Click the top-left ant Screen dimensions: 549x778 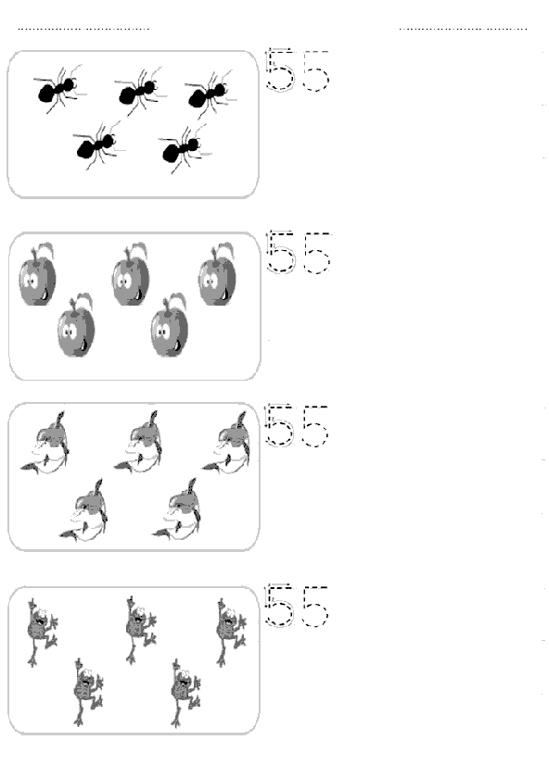coord(58,91)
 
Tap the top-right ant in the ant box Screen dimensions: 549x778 coord(209,94)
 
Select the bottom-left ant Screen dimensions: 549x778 coord(96,145)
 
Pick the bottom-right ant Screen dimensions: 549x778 coord(183,149)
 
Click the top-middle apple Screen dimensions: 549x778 coord(130,274)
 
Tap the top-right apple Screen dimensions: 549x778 coord(217,274)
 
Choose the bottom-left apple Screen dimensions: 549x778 coord(76,325)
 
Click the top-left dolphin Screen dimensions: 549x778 coord(45,443)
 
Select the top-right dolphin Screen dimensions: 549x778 coord(226,443)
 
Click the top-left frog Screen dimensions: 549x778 coord(42,632)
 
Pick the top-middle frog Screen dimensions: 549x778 coord(141,630)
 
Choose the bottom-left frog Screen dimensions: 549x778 coord(88,692)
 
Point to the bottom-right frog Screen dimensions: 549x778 coord(185,693)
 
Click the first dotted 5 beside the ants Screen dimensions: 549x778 coord(280,69)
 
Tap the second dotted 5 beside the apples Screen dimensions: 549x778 coord(317,253)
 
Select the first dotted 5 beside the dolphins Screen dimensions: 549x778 coord(279,425)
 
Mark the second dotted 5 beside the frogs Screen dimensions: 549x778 coord(316,606)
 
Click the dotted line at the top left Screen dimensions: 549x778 coord(83,29)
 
